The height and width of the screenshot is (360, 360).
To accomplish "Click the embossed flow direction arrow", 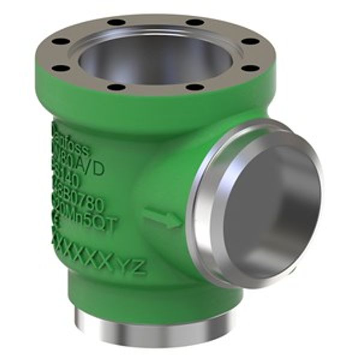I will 162,218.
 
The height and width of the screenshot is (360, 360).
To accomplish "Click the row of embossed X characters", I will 84,252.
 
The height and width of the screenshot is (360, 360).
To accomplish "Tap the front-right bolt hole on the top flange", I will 196,87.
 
